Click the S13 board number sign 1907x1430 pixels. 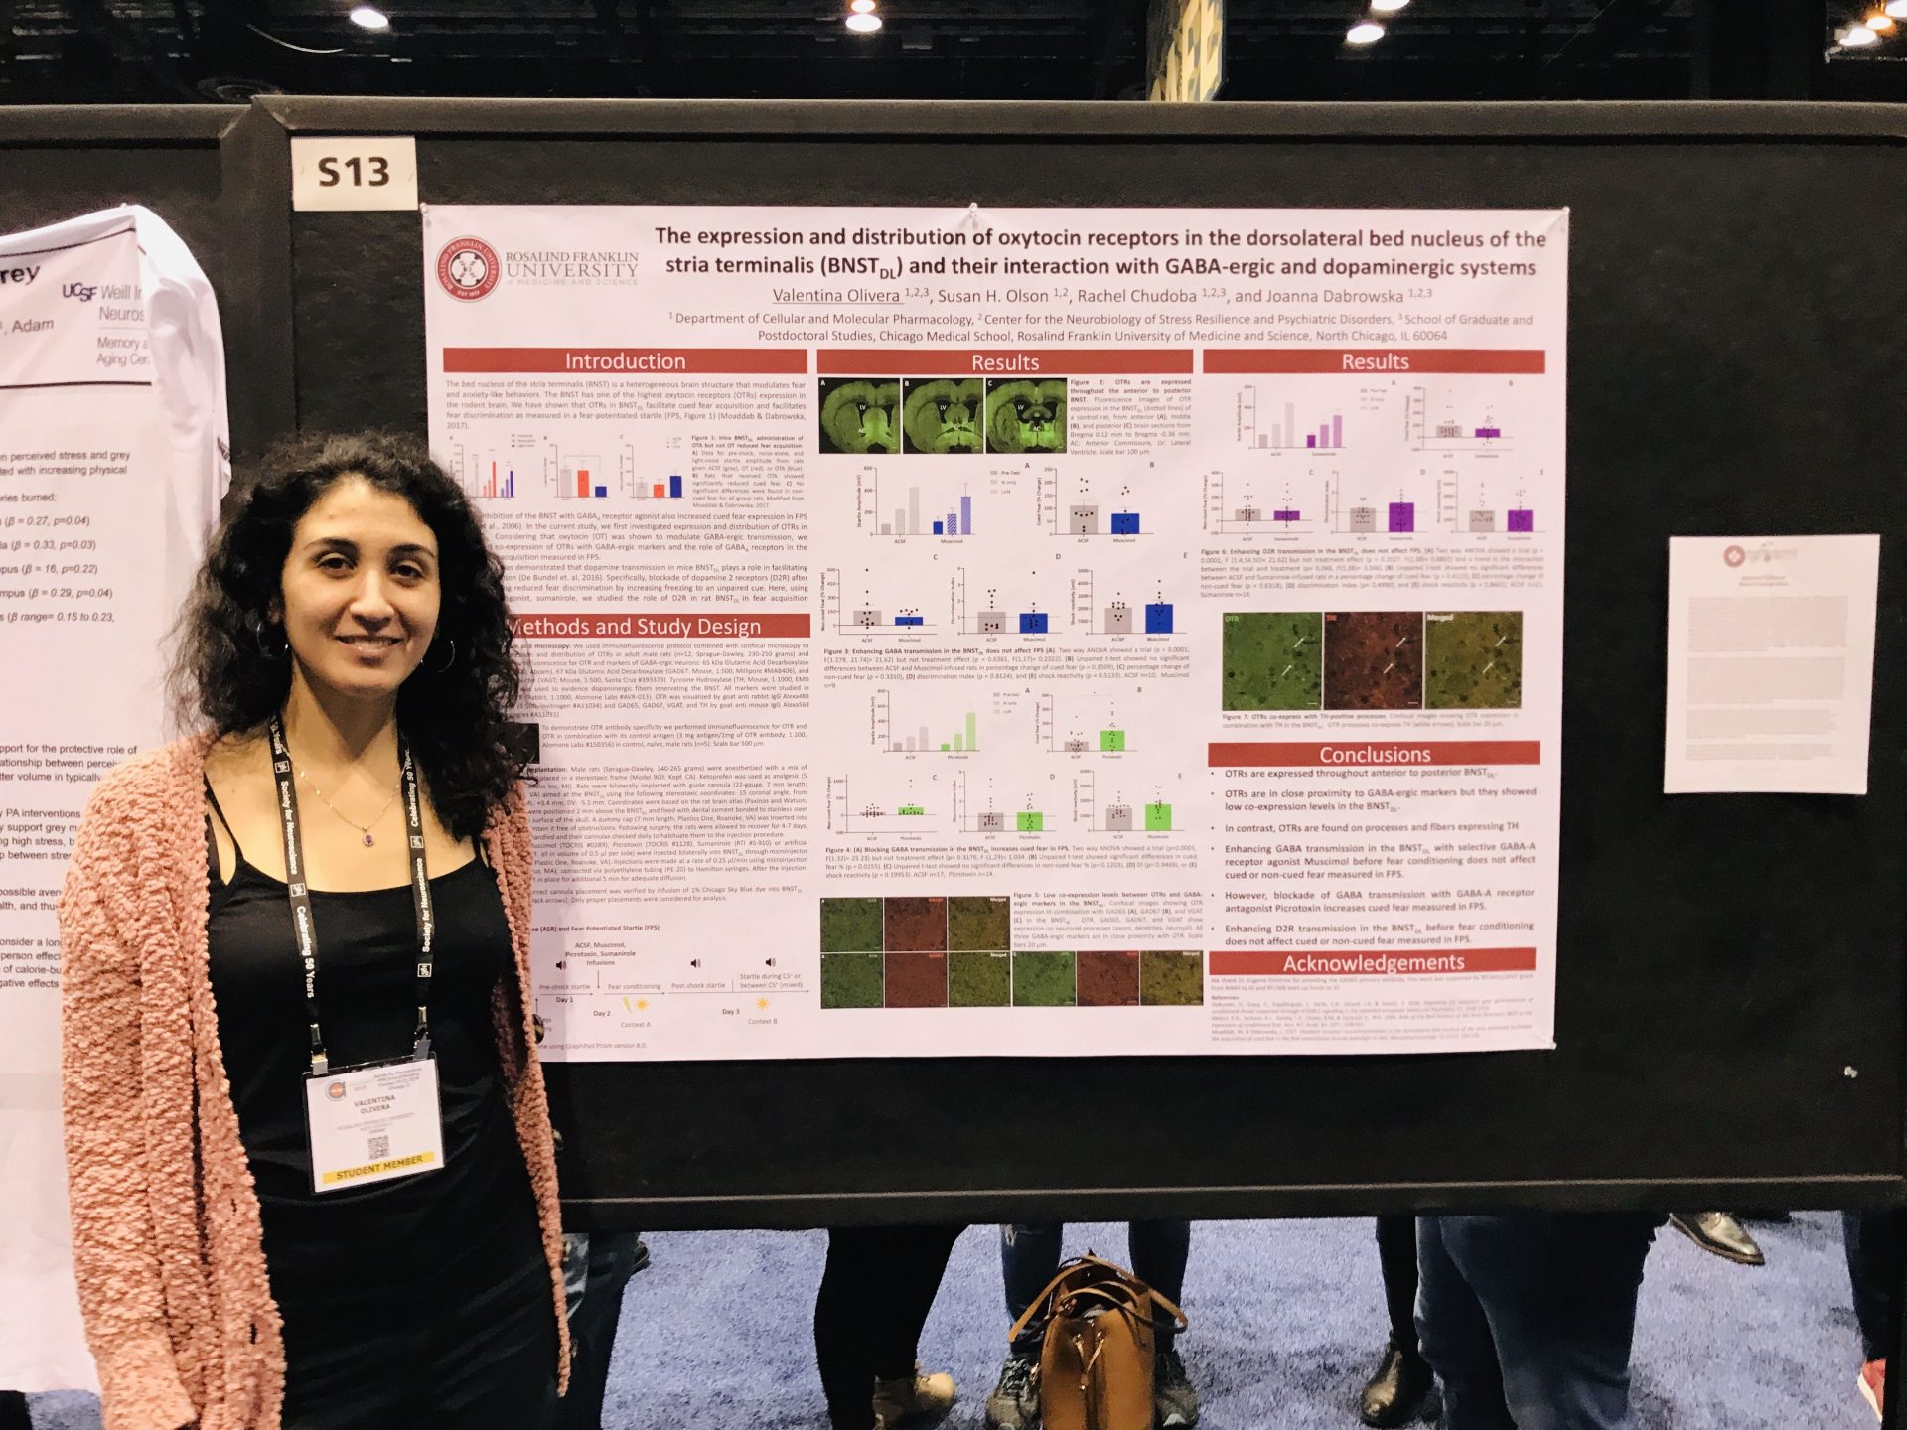point(354,173)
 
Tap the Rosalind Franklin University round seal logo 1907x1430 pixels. point(468,268)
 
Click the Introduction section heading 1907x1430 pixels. point(625,361)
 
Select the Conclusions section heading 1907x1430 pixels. point(1374,754)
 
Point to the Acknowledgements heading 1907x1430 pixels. point(1373,962)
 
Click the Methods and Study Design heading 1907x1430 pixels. point(636,626)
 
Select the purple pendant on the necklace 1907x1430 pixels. point(368,839)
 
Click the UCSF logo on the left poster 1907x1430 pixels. point(79,291)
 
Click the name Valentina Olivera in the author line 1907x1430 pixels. point(835,296)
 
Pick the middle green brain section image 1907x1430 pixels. point(943,416)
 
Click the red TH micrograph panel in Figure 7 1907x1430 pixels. point(1373,659)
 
